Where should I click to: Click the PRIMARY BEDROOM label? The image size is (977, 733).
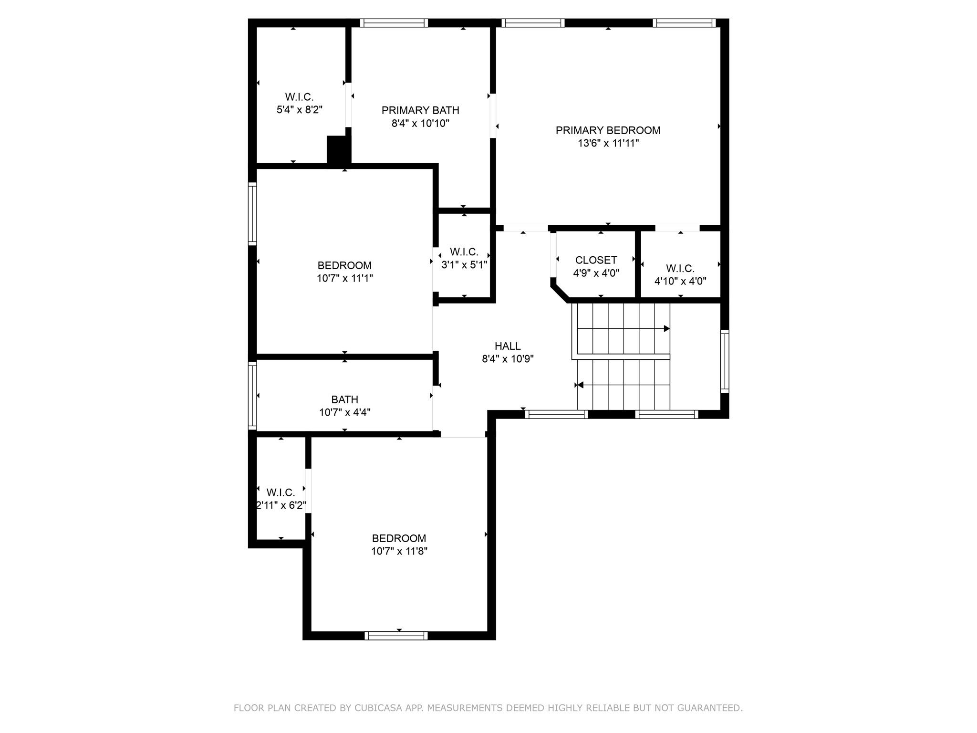tap(608, 130)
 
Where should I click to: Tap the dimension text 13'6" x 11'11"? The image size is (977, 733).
tap(608, 143)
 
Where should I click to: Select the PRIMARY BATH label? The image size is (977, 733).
tap(420, 110)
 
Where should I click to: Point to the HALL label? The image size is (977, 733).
tap(508, 346)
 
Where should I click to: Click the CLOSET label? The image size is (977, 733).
tap(596, 260)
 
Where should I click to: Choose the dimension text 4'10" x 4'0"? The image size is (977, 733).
tap(680, 281)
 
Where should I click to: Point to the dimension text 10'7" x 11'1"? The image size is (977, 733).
tap(344, 278)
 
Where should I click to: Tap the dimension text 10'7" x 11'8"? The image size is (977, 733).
tap(399, 551)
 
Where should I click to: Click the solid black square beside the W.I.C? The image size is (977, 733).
tap(338, 150)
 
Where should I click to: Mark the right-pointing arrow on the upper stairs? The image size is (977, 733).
tap(666, 329)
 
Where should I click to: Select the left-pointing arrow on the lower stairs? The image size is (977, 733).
tap(580, 385)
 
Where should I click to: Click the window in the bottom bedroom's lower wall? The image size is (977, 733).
tap(396, 635)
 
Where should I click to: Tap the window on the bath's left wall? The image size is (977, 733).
tap(253, 396)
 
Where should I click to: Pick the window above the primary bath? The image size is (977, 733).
tap(394, 23)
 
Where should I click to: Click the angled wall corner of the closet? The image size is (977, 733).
tap(560, 292)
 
